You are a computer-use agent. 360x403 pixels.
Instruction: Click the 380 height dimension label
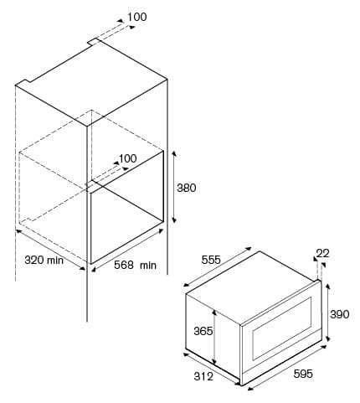tap(187, 188)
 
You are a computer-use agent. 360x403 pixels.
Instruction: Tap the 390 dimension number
tap(340, 314)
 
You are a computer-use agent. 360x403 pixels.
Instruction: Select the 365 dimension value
tap(203, 331)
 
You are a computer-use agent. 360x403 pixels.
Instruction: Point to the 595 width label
tap(303, 374)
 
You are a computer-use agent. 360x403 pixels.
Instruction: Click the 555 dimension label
tap(211, 260)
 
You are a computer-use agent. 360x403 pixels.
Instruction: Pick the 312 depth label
tap(203, 376)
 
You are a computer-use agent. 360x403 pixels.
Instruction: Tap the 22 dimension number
tap(322, 253)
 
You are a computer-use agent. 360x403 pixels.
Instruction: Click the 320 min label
tap(44, 260)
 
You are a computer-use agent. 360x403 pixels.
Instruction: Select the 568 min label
tap(136, 265)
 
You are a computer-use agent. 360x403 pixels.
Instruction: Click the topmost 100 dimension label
tap(137, 17)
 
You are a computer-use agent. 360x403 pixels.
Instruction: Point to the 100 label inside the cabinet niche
tap(128, 158)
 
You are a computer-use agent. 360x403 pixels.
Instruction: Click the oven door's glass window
tap(282, 328)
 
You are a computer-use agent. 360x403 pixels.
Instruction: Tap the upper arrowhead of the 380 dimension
tap(174, 153)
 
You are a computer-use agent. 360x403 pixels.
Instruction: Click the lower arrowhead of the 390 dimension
tap(328, 338)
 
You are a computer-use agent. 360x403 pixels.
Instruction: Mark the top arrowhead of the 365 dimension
tap(214, 312)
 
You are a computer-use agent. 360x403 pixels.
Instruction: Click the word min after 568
tap(148, 265)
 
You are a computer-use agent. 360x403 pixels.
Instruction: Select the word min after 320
tap(55, 261)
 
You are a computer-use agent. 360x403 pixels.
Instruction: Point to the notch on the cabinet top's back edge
tap(94, 42)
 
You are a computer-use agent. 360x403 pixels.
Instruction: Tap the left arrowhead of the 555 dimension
tap(187, 285)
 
